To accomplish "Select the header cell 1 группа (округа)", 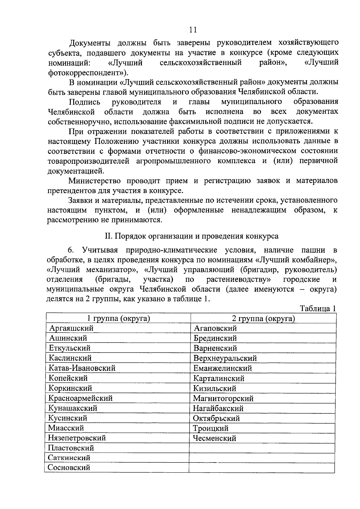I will coord(118,318).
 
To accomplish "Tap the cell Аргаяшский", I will coord(71,328).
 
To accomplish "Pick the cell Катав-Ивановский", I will coord(82,368).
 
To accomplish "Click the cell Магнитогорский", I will coord(223,398).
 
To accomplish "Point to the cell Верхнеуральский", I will coord(225,358).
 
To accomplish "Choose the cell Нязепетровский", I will coord(77,438).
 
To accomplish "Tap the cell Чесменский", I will coord(215,438).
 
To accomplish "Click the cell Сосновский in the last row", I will coord(69,468).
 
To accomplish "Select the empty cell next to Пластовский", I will coord(262,448).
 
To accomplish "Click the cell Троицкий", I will coord(211,428).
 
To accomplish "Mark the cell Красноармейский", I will coord(81,398).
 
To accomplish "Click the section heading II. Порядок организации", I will coord(191,236).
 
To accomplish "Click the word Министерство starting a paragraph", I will coord(94,181).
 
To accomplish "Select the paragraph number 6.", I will coord(71,250).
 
